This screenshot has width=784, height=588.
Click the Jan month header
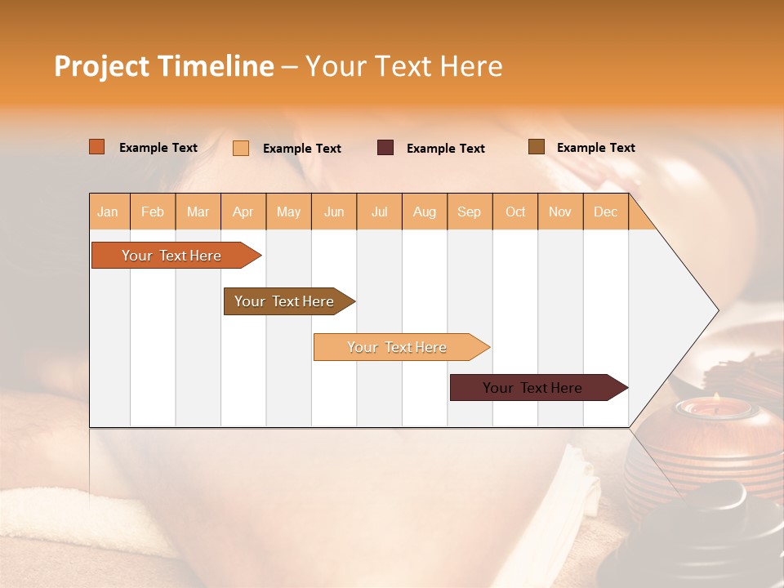point(108,212)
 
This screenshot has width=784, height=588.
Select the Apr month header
point(243,212)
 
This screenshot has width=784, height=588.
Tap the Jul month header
point(379,212)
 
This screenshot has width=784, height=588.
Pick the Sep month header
point(469,212)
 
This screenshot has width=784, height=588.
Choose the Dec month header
point(605,212)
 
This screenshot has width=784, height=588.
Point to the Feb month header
point(153,212)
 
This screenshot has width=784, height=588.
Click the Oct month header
point(515,212)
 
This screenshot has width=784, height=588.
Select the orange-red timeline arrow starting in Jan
point(171,256)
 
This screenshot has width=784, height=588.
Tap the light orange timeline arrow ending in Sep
point(397,347)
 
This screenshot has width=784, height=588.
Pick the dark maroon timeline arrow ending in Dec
point(532,388)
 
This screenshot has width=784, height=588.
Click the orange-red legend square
point(97,147)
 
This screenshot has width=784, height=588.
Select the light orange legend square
point(241,148)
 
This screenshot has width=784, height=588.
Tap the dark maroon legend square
point(385,148)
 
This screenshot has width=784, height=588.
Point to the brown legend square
point(537,147)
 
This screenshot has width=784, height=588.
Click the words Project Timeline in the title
point(164,66)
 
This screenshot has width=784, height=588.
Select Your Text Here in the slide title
point(403,66)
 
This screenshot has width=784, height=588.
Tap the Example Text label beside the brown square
point(595,148)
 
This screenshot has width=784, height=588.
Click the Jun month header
point(334,212)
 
